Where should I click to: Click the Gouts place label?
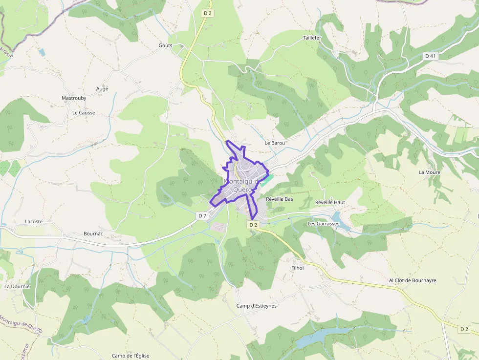(165, 45)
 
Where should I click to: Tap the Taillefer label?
(312, 38)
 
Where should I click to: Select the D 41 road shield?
(430, 56)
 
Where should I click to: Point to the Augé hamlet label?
(102, 89)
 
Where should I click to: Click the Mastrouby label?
(74, 98)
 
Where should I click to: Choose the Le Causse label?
(84, 113)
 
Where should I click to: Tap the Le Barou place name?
(274, 143)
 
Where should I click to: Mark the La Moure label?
(429, 172)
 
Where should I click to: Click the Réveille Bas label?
(279, 199)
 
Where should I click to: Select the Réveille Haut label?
(330, 202)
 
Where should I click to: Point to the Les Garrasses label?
(323, 224)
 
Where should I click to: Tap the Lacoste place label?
(34, 221)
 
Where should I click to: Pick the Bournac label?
(93, 234)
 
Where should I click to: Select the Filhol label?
(297, 268)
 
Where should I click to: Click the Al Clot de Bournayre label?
(412, 281)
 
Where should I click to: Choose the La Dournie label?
(17, 286)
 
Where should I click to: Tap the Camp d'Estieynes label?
(256, 306)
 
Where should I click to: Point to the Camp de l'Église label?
(131, 356)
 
